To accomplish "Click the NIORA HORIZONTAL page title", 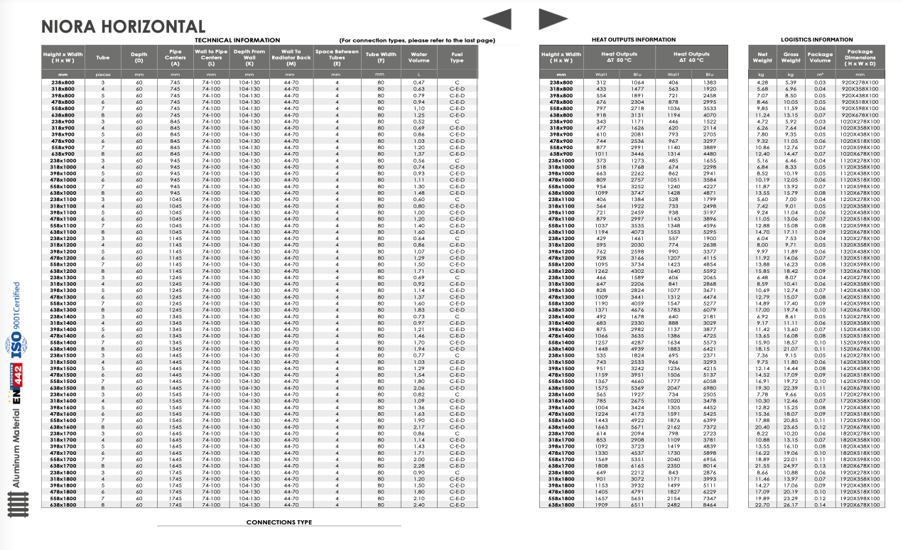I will pyautogui.click(x=123, y=27).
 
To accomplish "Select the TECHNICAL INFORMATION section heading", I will pyautogui.click(x=237, y=41).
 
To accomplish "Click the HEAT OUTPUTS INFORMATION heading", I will pyautogui.click(x=634, y=40).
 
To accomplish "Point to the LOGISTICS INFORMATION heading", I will pyautogui.click(x=816, y=40).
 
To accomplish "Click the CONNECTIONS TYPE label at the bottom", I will pyautogui.click(x=279, y=522).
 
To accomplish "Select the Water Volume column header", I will pyautogui.click(x=419, y=57).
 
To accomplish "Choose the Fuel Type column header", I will pyautogui.click(x=457, y=57).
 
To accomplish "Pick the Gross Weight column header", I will pyautogui.click(x=791, y=57).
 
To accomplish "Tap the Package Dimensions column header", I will pyautogui.click(x=860, y=57).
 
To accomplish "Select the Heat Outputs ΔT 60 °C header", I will pyautogui.click(x=691, y=57).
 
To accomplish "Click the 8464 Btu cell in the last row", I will pyautogui.click(x=709, y=505).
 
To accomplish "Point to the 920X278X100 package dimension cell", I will pyautogui.click(x=860, y=82).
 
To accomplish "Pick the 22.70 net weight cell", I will pyautogui.click(x=762, y=505).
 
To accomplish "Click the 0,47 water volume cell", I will pyautogui.click(x=419, y=82).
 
